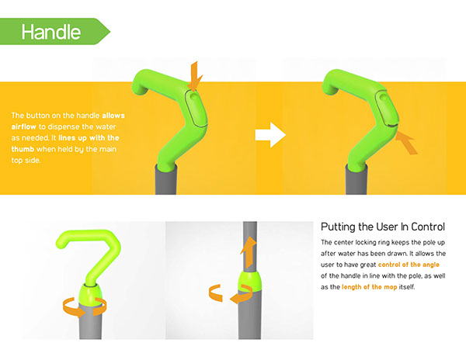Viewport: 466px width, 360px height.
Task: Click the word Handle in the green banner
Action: [x=51, y=32]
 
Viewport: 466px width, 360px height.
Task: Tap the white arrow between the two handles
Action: [x=270, y=134]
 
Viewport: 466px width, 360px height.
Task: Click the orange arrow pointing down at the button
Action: [x=195, y=76]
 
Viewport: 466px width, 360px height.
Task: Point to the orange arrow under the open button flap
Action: [x=407, y=143]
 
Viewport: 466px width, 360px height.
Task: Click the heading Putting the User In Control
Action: [x=383, y=227]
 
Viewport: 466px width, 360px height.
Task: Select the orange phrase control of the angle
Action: [x=409, y=265]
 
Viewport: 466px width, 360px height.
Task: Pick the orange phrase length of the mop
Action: [x=370, y=287]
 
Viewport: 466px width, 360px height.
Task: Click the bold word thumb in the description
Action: [x=23, y=149]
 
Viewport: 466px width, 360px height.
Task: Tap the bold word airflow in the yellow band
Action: [x=24, y=126]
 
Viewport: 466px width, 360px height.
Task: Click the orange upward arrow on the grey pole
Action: [x=249, y=252]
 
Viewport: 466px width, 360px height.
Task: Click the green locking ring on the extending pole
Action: [x=249, y=281]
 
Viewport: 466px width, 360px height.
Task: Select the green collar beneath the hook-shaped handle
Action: [x=91, y=294]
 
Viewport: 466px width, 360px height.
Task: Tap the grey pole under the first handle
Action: [x=166, y=179]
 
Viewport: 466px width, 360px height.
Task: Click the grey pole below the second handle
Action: [x=356, y=180]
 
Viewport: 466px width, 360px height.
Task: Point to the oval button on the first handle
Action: [x=196, y=108]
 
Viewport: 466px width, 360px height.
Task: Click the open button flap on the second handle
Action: [x=387, y=108]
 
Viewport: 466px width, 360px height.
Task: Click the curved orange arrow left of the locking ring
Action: [x=214, y=293]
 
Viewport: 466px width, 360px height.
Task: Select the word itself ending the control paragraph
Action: [x=407, y=287]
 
